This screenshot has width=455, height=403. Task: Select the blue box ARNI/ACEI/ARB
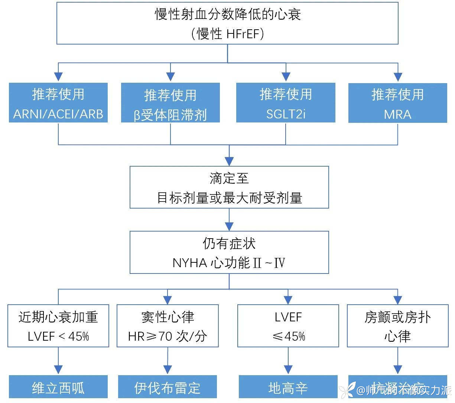(x=58, y=103)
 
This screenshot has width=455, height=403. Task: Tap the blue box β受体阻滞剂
(x=170, y=103)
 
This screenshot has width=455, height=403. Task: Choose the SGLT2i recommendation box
(x=286, y=103)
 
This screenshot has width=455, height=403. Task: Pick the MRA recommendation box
(x=397, y=103)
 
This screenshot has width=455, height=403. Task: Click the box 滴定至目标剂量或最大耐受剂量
(x=229, y=187)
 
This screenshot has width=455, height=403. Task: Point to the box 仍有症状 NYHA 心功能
(x=229, y=252)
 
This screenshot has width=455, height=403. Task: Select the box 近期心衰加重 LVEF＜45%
(x=58, y=326)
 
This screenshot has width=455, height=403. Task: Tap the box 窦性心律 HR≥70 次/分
(x=168, y=326)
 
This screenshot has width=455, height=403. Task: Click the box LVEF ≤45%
(x=288, y=326)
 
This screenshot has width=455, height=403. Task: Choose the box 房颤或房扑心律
(x=398, y=326)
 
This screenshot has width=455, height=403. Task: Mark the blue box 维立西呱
(x=58, y=387)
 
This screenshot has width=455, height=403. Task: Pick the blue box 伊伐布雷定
(x=168, y=387)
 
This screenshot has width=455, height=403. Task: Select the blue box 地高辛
(x=288, y=387)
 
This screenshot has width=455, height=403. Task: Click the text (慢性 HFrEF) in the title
(x=227, y=34)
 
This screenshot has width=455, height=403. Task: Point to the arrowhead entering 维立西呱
(x=58, y=370)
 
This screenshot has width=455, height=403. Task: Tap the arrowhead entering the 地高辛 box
(x=288, y=370)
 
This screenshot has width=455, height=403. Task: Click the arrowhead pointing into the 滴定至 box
(x=229, y=161)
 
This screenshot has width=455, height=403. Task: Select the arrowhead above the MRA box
(x=398, y=77)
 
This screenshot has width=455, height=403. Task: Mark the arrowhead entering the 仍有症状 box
(x=229, y=226)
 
